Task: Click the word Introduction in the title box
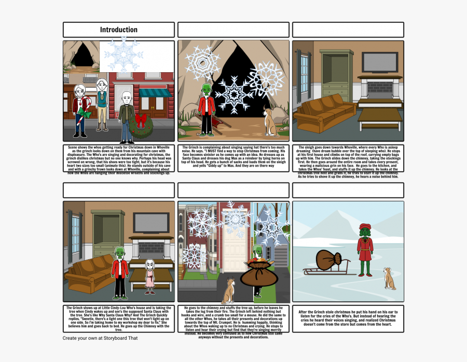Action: point(118,30)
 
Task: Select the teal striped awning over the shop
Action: point(155,93)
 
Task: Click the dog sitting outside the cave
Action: point(270,121)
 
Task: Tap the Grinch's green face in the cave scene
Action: point(207,89)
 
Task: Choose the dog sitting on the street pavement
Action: point(228,291)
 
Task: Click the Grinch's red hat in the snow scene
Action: point(365,227)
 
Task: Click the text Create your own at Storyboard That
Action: point(100,338)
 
